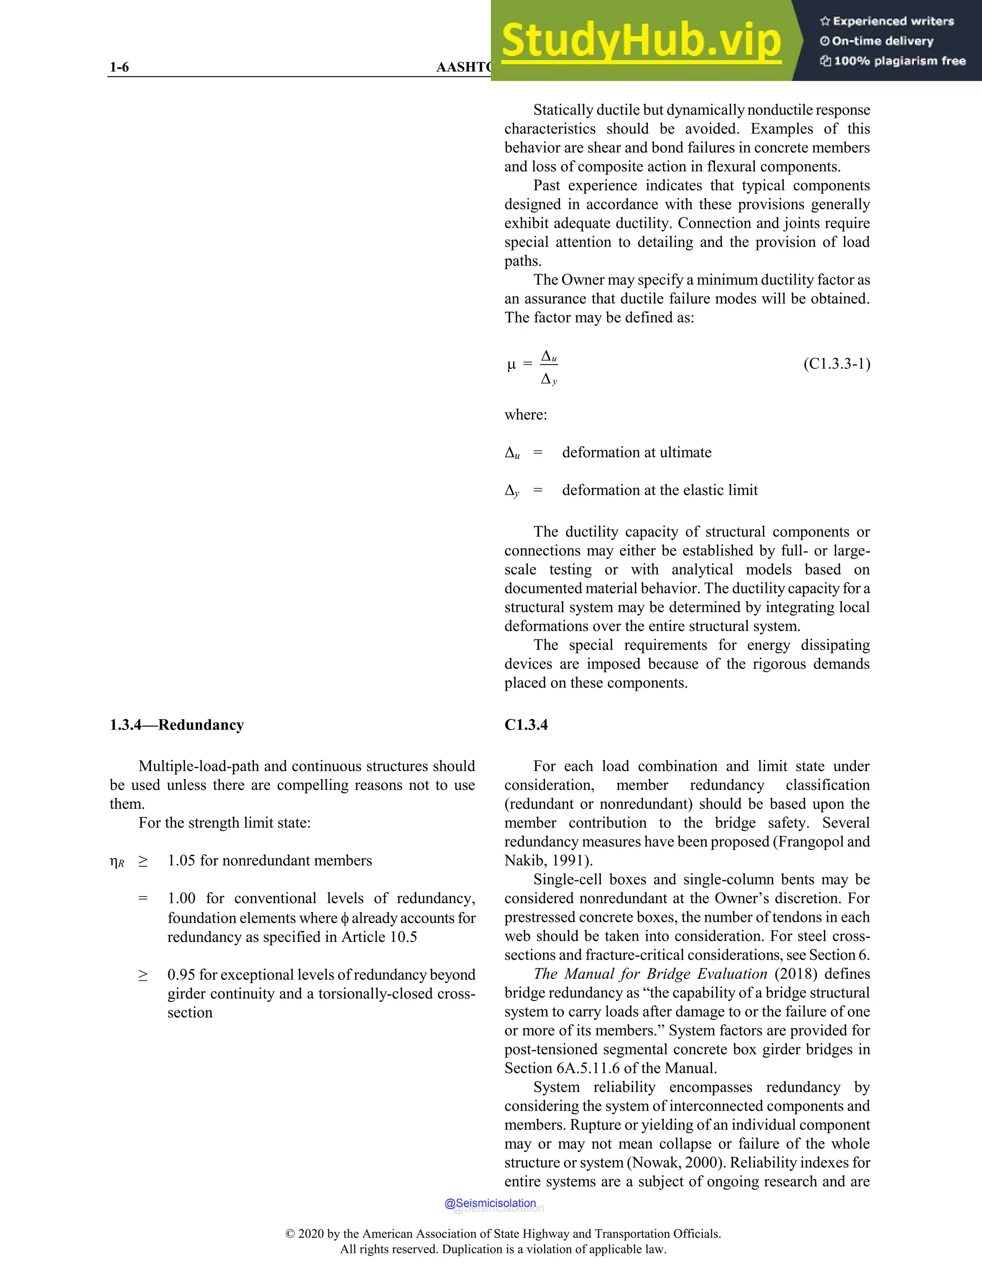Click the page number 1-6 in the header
point(119,67)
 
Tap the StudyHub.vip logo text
point(641,40)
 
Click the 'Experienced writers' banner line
point(887,22)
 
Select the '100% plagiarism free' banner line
point(893,60)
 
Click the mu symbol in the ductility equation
point(511,365)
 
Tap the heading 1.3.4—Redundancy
point(177,725)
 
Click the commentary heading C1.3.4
point(526,725)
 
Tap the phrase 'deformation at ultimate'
point(636,452)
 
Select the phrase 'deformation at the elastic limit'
point(660,490)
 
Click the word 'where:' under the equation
point(526,414)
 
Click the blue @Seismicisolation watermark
point(490,1203)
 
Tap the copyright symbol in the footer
point(290,1234)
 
